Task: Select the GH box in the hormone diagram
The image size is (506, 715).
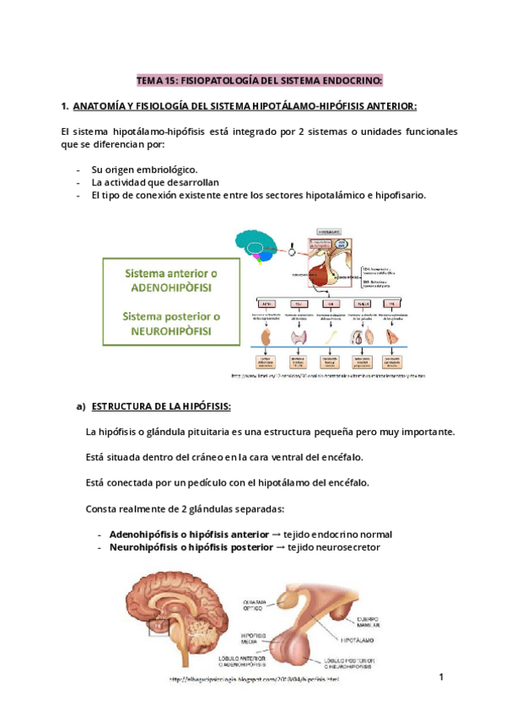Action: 332,304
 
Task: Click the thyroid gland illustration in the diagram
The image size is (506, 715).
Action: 299,336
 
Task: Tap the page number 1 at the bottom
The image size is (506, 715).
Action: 441,677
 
